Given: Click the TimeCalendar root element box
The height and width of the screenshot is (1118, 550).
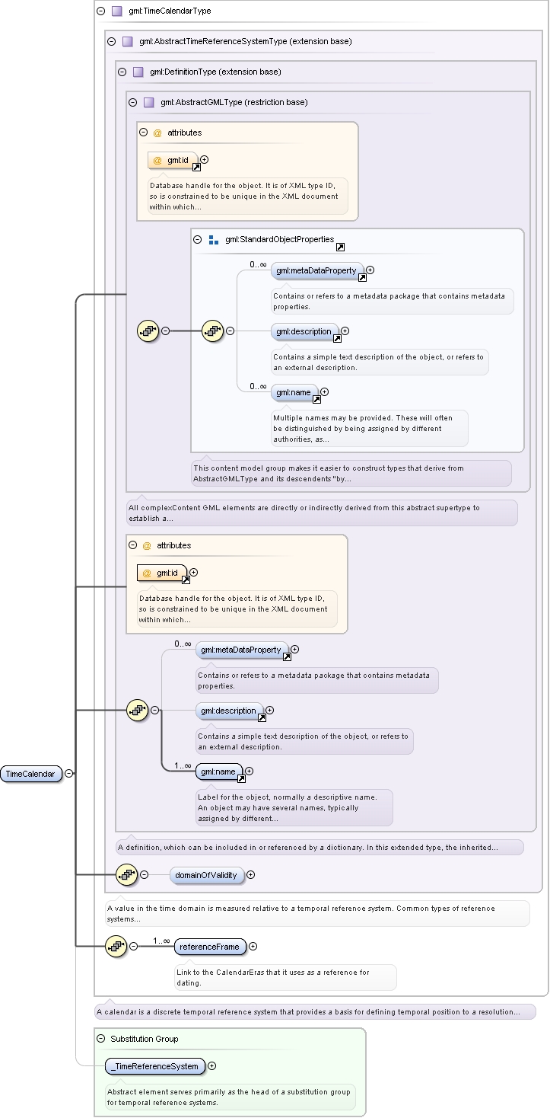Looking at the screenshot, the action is point(31,774).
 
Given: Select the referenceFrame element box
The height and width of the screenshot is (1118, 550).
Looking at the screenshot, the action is point(210,947).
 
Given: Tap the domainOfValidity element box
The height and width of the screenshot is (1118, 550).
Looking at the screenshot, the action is point(206,875).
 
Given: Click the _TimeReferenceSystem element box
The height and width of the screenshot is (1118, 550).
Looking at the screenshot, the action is point(155,1066).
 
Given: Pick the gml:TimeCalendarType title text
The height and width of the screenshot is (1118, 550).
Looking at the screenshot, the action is point(170,11).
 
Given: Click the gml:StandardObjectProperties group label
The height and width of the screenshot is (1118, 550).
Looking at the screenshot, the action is point(279,240).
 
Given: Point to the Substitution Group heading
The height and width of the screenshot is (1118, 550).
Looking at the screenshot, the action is point(144,1039).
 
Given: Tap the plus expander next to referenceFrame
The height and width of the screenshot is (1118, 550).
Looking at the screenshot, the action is point(253,947).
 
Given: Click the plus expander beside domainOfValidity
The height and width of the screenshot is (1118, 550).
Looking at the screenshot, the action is point(251,874).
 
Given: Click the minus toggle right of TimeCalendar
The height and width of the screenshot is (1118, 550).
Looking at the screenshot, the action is point(69,773).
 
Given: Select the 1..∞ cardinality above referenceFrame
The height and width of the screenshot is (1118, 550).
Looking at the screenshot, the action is point(161,941).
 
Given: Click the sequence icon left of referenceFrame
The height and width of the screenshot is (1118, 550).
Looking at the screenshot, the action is point(116,947).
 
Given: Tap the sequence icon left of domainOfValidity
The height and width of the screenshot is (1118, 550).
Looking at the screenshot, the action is point(126,874).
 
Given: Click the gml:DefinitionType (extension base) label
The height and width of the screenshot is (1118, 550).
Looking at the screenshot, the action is point(215,72).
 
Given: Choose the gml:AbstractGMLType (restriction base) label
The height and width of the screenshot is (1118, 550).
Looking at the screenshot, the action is point(234,102).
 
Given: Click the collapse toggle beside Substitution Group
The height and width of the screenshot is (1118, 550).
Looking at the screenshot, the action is point(100,1038).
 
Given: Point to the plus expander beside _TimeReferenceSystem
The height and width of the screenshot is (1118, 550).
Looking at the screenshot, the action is point(212,1065).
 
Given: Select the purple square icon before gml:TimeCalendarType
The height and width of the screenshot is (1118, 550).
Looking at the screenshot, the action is point(116,11).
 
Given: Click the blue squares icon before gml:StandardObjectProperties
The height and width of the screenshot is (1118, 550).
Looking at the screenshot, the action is point(214,240).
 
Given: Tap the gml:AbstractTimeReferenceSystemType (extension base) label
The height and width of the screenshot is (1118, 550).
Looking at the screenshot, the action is point(245,41).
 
